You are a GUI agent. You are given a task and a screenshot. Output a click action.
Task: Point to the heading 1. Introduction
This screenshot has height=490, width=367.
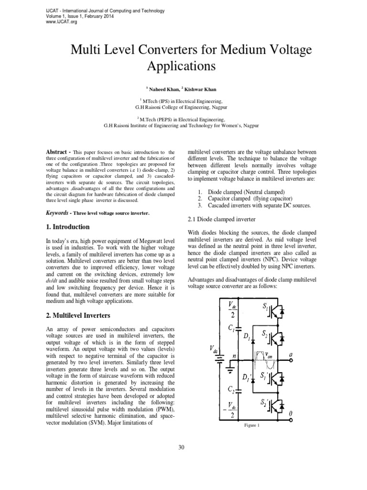tap(67, 226)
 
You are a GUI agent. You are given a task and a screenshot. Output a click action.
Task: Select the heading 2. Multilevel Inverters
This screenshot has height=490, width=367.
tap(78, 315)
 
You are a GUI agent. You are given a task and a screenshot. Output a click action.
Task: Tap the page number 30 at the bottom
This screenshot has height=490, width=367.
tap(181, 447)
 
